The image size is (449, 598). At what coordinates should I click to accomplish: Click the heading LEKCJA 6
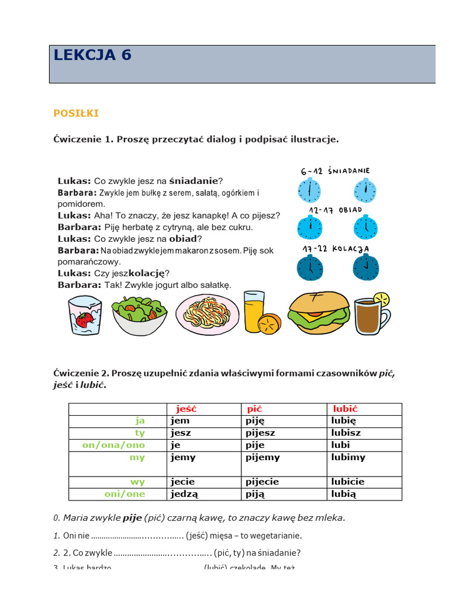[x=92, y=55]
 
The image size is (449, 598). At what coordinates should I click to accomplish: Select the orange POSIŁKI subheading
[x=76, y=113]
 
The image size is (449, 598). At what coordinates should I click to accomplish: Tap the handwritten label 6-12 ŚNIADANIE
[x=336, y=171]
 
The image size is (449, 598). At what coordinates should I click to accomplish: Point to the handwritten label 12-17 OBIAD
[x=336, y=210]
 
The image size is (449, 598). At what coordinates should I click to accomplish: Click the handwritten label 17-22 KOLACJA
[x=336, y=249]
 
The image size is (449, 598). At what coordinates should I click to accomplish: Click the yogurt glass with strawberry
[x=85, y=315]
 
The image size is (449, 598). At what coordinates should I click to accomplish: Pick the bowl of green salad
[x=139, y=315]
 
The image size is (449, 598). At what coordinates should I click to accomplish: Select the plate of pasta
[x=207, y=314]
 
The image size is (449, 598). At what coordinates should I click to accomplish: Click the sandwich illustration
[x=319, y=312]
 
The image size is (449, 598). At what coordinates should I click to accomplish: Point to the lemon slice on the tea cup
[x=381, y=300]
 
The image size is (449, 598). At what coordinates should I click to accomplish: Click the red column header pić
[x=254, y=409]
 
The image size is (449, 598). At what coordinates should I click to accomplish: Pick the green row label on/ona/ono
[x=113, y=445]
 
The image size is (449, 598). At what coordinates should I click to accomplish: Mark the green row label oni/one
[x=125, y=494]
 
